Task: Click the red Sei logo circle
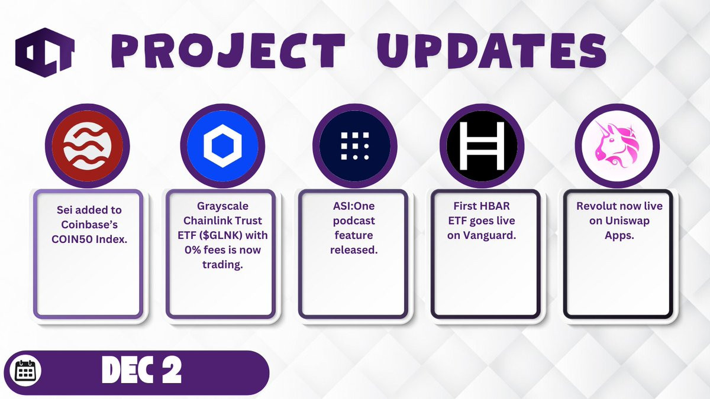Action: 87,146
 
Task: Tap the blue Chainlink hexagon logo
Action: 222,146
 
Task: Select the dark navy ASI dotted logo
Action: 355,146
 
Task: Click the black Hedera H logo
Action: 482,146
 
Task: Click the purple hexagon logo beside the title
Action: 45,53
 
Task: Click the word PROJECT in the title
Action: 228,51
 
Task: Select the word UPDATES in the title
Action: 492,51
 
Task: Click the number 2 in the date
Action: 172,370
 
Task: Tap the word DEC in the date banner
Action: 128,370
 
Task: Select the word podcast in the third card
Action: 354,221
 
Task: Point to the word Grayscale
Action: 222,206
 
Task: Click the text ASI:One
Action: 354,206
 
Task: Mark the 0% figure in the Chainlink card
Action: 193,250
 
